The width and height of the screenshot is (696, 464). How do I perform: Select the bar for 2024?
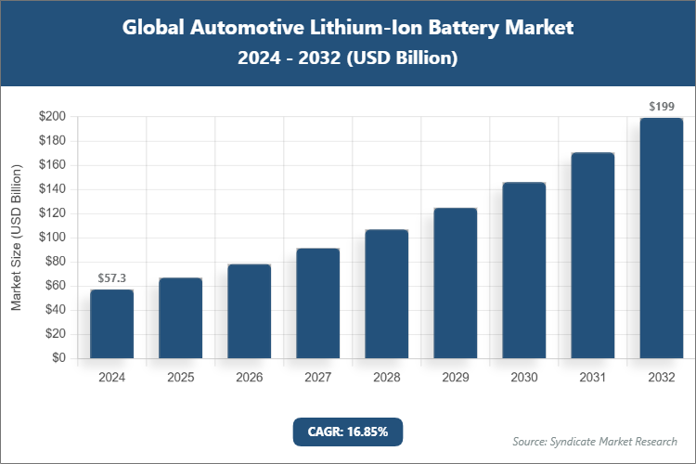[111, 324]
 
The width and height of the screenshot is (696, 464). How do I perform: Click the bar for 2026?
[249, 311]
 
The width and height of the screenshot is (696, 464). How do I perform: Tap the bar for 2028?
[386, 293]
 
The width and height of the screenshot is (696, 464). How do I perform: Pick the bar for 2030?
[523, 270]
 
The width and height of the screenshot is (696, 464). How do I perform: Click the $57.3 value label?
[111, 278]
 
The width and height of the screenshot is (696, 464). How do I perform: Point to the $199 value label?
[661, 107]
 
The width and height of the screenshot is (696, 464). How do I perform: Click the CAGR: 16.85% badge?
[347, 432]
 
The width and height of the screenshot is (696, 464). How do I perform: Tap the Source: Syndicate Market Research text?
[595, 441]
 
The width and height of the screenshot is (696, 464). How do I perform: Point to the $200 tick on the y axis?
[52, 117]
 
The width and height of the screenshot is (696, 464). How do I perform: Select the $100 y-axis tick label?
[52, 238]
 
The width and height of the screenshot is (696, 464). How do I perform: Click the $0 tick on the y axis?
[58, 358]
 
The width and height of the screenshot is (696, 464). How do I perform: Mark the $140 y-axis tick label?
[52, 189]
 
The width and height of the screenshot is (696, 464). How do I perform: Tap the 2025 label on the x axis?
[180, 378]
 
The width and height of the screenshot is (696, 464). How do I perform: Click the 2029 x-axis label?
[455, 378]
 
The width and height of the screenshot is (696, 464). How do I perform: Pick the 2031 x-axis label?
[592, 378]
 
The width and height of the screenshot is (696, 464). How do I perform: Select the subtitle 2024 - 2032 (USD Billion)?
[347, 58]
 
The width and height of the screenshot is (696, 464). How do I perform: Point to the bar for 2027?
[317, 303]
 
